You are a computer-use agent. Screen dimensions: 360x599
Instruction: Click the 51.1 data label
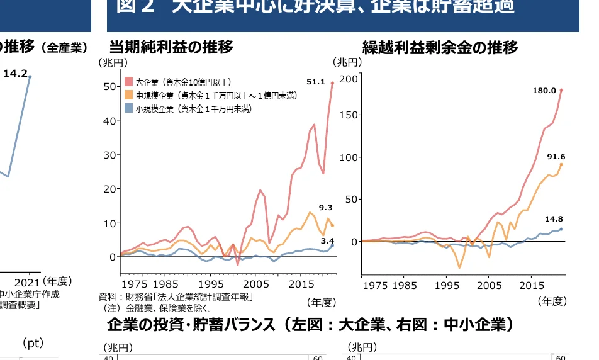click(315, 82)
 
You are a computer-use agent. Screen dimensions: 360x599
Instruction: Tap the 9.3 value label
click(325, 208)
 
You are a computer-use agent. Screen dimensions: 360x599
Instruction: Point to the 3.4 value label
click(327, 240)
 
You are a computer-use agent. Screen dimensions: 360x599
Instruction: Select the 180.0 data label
click(544, 91)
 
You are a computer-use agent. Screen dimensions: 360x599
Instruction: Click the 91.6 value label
click(556, 157)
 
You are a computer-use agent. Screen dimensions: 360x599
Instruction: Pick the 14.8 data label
click(554, 219)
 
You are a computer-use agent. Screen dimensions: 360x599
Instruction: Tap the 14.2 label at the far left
click(15, 74)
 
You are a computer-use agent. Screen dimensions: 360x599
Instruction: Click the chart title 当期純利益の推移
click(171, 47)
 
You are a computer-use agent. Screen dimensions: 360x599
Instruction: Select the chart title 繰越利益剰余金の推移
click(440, 47)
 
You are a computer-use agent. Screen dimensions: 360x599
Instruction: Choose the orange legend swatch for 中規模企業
click(128, 96)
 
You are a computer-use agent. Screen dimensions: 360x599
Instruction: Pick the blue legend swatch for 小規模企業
click(128, 109)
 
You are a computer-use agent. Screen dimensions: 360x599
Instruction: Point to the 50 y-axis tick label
click(109, 86)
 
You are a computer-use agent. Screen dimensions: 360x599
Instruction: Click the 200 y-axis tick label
click(348, 78)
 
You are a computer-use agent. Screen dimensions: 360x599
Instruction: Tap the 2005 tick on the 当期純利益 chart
click(255, 284)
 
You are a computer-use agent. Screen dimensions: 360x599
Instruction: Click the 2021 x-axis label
click(27, 282)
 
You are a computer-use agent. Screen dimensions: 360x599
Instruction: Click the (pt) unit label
click(32, 343)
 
